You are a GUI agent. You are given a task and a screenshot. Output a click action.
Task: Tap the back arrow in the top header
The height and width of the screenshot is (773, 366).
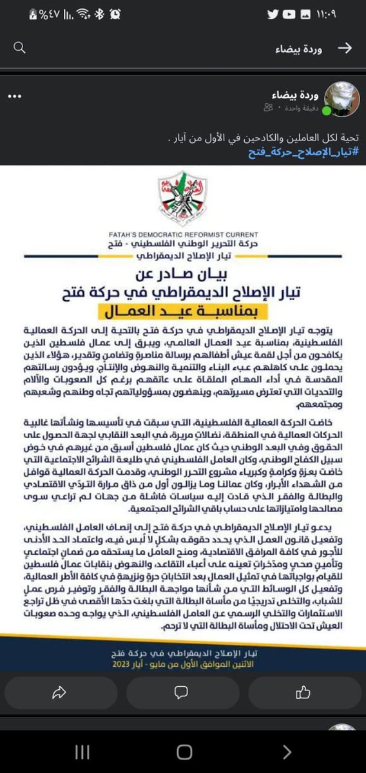[345, 48]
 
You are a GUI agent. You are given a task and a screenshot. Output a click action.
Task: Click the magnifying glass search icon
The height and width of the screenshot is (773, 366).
[20, 48]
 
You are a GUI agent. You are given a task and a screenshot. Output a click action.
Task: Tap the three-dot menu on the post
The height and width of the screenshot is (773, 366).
[15, 97]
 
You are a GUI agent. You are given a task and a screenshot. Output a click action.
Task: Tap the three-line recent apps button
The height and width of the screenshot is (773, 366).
[82, 752]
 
